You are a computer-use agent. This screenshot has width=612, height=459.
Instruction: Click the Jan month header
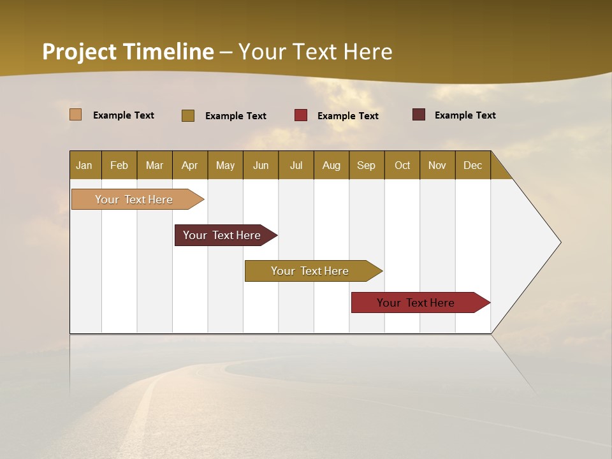point(85,165)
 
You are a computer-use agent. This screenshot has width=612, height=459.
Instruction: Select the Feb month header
point(119,165)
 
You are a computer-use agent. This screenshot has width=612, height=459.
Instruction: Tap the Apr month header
point(189,165)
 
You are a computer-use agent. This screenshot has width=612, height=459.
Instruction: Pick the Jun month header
point(261,165)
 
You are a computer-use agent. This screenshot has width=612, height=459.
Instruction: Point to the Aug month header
point(331,165)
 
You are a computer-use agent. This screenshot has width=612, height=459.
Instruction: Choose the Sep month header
point(366,165)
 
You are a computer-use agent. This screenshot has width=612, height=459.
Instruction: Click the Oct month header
point(402,165)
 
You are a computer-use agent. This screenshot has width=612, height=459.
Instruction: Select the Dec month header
point(472,165)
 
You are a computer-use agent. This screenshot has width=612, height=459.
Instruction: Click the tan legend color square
point(76,115)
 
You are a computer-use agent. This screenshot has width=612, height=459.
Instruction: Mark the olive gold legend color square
point(188,115)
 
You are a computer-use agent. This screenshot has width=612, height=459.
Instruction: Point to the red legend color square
point(301,115)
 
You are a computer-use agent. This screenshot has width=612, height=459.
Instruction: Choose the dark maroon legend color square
point(419,115)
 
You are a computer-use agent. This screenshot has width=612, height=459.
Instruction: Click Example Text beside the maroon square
point(465,115)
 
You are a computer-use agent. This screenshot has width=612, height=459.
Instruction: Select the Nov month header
point(437,165)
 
